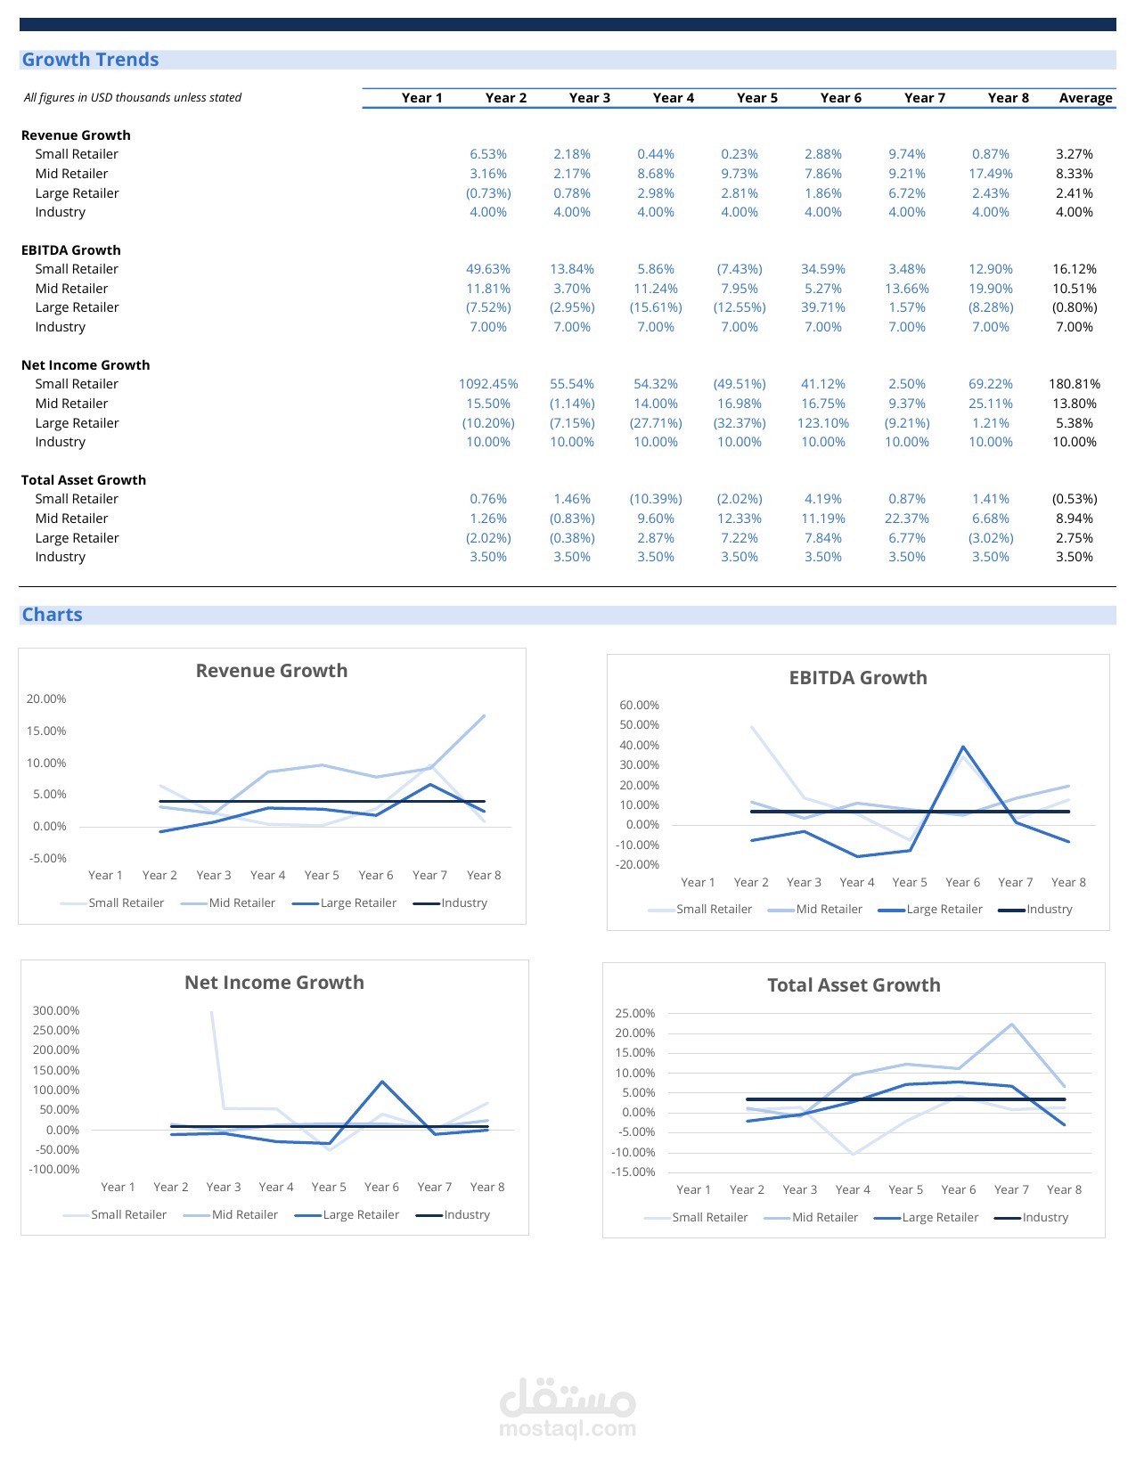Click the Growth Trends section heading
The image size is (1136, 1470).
(x=90, y=60)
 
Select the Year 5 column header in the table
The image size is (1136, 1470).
(x=756, y=97)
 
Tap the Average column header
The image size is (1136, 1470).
(x=1085, y=97)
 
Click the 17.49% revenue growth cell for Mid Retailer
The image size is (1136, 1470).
(x=991, y=173)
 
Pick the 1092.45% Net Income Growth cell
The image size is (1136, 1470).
(x=488, y=384)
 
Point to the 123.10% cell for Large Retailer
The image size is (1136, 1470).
(x=822, y=423)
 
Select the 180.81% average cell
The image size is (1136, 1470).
(x=1075, y=384)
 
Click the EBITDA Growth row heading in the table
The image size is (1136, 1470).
(x=70, y=249)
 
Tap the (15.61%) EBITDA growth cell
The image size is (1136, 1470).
(x=656, y=307)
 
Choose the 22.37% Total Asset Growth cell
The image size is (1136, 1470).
(x=907, y=519)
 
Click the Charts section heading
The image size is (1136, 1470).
(x=52, y=614)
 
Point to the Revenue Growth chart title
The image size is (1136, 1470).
(x=272, y=670)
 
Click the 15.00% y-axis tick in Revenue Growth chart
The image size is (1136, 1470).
(x=46, y=731)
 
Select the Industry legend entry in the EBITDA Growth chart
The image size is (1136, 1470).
(x=1035, y=910)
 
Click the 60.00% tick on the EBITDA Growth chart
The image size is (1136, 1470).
(x=639, y=705)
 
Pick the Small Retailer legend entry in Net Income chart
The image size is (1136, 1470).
(x=114, y=1214)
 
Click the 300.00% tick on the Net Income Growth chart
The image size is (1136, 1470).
(x=55, y=1010)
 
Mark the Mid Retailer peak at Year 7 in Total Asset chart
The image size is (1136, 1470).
(x=1011, y=1025)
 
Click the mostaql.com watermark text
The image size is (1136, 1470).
(x=568, y=1428)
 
